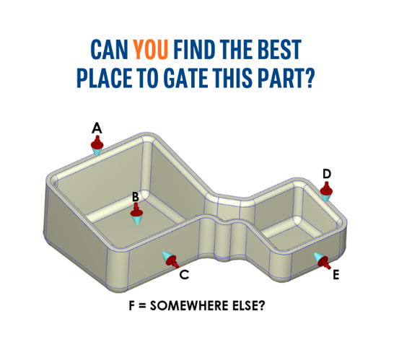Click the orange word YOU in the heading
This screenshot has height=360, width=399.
151,49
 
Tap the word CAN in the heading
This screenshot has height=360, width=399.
109,49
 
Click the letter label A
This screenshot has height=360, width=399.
97,128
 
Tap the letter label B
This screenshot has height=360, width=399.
135,196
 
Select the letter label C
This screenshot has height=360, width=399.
184,274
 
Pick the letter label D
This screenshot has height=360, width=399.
327,174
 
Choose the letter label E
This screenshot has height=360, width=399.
336,275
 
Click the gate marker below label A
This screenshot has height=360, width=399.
97,145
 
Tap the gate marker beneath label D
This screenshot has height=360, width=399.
327,192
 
